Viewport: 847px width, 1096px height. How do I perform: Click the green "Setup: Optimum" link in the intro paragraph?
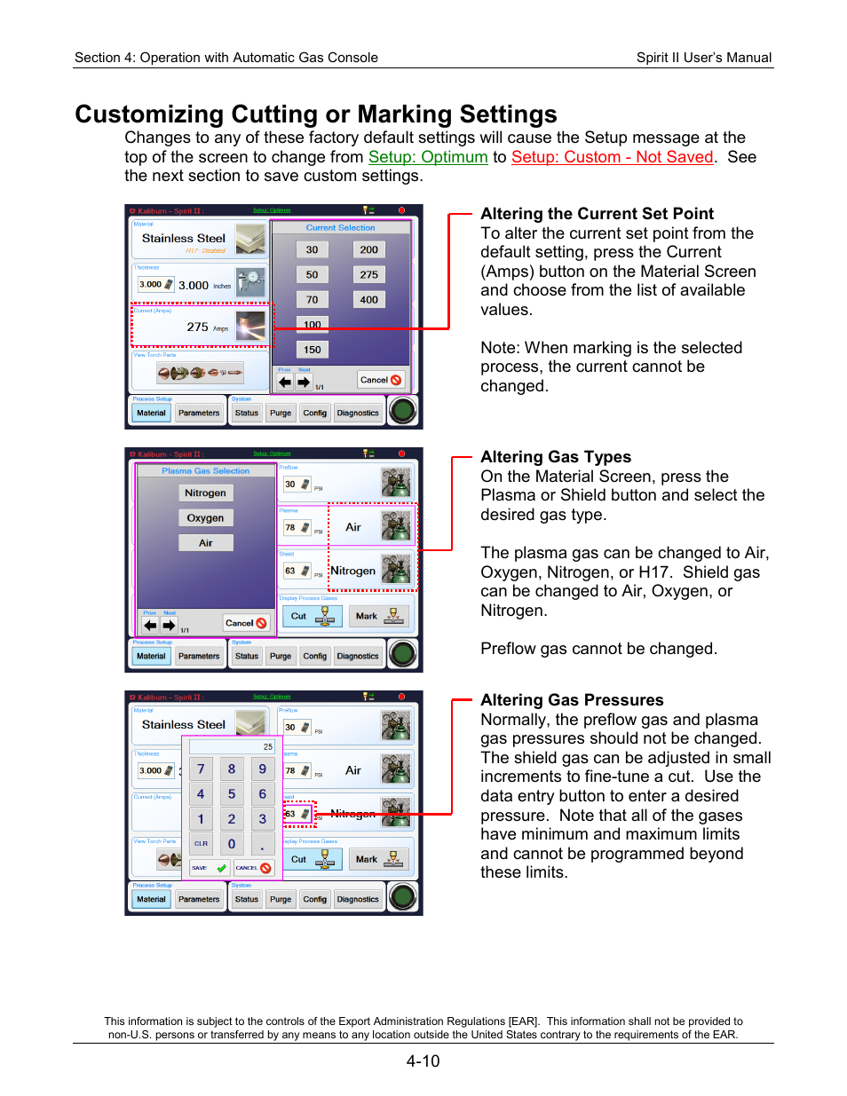tap(428, 157)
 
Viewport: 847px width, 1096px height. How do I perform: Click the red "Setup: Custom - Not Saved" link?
tap(612, 157)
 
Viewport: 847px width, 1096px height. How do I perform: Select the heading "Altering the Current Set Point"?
tap(597, 214)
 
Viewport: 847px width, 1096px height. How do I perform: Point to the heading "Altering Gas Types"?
tap(556, 457)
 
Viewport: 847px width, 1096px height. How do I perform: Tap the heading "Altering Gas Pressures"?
tap(572, 700)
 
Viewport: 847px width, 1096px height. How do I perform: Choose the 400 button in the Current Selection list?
tap(369, 300)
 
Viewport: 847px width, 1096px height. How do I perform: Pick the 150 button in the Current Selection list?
tap(313, 350)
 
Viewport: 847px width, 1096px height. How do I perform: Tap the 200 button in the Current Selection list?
tap(369, 250)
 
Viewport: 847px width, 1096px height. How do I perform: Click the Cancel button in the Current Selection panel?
tap(381, 380)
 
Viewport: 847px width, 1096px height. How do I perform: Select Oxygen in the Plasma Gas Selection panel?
tap(205, 518)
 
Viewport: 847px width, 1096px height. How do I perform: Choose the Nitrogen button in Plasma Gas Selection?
tap(205, 493)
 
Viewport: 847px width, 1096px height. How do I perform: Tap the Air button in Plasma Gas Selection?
tap(205, 543)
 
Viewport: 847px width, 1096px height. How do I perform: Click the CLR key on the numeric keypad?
tap(201, 844)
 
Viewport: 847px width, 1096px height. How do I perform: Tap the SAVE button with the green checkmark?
tap(209, 868)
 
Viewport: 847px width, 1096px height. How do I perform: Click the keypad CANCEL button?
tap(253, 868)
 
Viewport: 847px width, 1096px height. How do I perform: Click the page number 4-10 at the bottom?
tap(423, 1061)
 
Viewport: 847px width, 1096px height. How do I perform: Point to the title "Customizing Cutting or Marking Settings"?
tap(316, 114)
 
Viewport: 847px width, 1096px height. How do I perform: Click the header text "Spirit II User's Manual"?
tap(703, 58)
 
